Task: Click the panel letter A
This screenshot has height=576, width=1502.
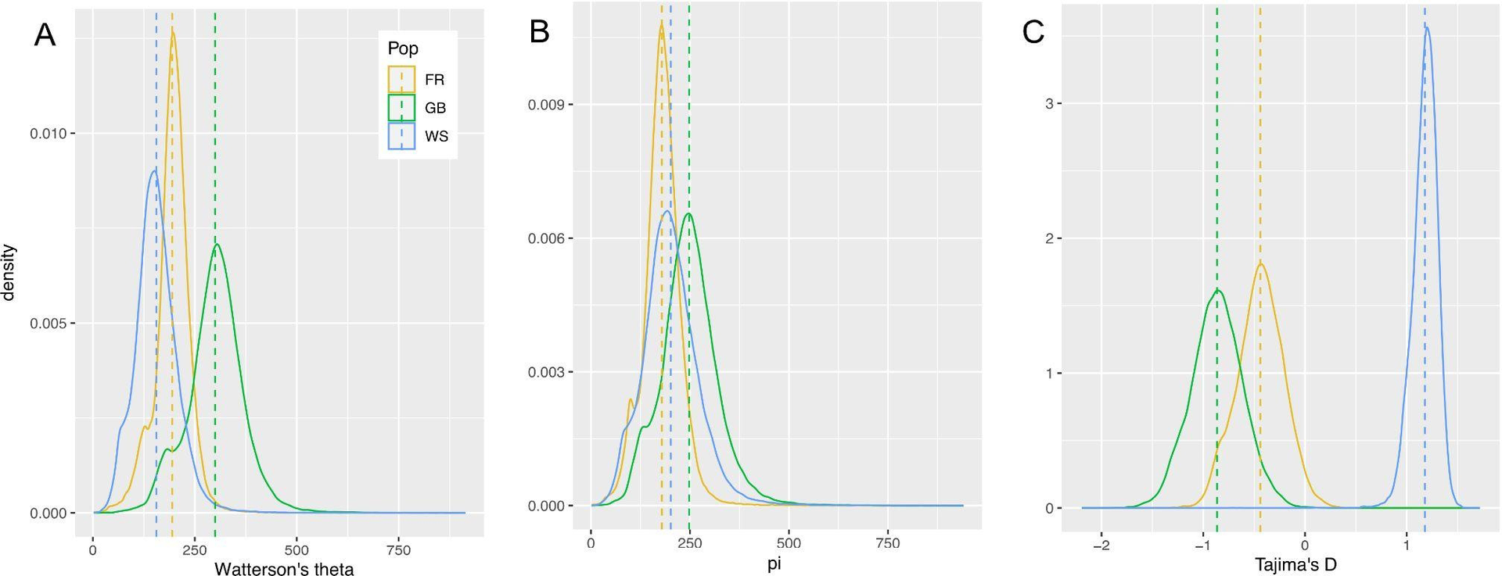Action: [45, 35]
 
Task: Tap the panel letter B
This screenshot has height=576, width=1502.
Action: [539, 32]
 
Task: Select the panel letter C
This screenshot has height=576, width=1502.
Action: [1033, 32]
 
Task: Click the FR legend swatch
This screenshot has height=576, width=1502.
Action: [402, 80]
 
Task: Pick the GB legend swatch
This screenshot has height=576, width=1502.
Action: [402, 108]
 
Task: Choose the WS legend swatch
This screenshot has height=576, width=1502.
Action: [402, 136]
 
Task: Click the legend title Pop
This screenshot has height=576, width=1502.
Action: [403, 48]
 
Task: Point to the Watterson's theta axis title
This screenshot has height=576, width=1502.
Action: [284, 569]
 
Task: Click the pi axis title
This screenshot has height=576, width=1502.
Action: [774, 563]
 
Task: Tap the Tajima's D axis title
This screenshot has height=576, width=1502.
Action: [1295, 563]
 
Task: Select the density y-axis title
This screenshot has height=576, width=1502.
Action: [9, 272]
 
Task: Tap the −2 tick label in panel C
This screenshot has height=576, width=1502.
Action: [1101, 545]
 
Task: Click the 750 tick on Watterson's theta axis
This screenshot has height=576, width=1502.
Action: [399, 549]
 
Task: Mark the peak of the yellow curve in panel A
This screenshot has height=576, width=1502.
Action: [172, 30]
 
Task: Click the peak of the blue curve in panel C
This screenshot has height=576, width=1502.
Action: [1427, 28]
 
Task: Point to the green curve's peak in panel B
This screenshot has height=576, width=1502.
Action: [688, 214]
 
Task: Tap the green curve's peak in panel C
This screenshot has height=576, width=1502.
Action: [1219, 291]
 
